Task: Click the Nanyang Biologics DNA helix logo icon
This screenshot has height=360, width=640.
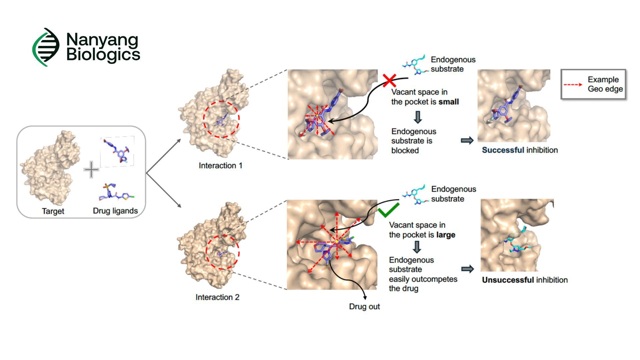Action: click(46, 47)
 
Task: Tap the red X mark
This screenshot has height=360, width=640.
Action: click(389, 81)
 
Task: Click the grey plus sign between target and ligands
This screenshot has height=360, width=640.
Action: click(91, 170)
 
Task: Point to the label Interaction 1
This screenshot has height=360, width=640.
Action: click(220, 166)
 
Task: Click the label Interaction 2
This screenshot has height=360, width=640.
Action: click(217, 297)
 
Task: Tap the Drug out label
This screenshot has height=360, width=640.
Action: click(364, 307)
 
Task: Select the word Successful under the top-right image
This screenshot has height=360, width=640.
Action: click(503, 150)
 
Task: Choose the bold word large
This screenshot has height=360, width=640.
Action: click(446, 235)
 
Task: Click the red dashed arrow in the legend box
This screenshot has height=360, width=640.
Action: click(573, 85)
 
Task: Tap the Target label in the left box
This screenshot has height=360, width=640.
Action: click(53, 211)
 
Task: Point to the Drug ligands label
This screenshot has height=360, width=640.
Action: click(115, 211)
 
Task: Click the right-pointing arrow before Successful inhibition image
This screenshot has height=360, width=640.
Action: click(467, 140)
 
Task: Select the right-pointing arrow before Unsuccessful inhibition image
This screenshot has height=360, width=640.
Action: click(467, 269)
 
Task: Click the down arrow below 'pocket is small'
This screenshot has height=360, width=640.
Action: click(417, 117)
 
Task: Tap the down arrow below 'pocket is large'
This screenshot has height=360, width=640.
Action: click(417, 247)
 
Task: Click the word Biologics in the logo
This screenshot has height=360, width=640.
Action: click(103, 55)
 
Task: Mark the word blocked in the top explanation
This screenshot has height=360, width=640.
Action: click(405, 151)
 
